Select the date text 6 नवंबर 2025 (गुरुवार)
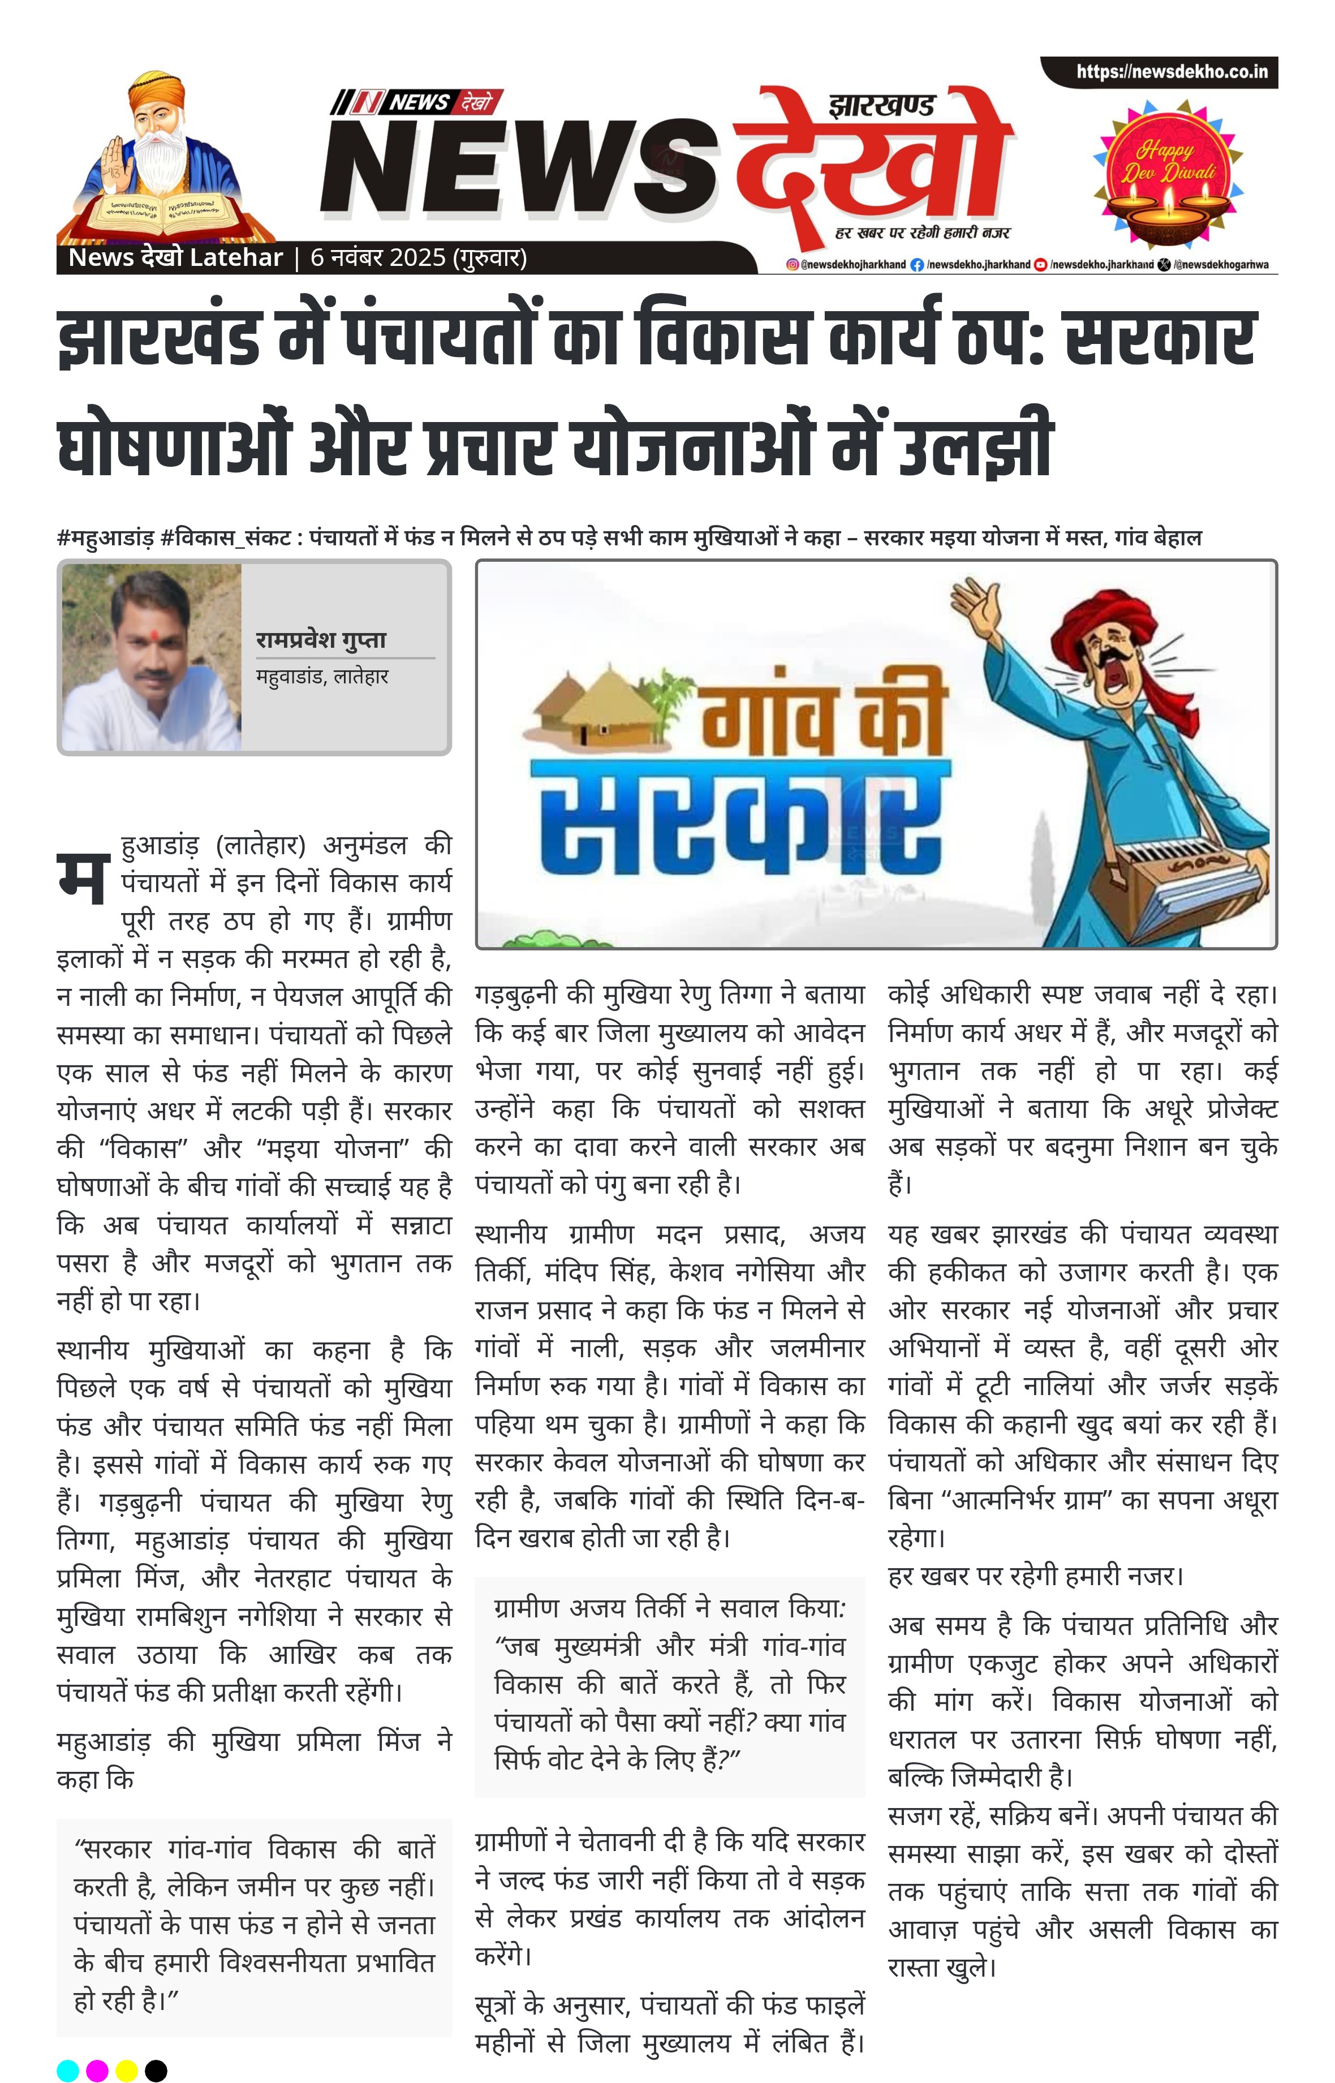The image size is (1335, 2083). point(419,257)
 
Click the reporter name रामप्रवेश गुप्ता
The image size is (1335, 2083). point(321,640)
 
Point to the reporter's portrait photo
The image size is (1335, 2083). point(152,657)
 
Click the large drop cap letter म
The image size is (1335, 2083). point(83,877)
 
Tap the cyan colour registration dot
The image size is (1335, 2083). point(68,2070)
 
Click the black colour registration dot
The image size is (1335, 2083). point(156,2070)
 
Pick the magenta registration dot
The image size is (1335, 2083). point(97,2070)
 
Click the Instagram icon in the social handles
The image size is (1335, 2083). point(791,264)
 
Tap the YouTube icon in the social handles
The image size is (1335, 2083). point(1041,264)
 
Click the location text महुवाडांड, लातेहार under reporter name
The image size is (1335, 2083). point(322,676)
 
